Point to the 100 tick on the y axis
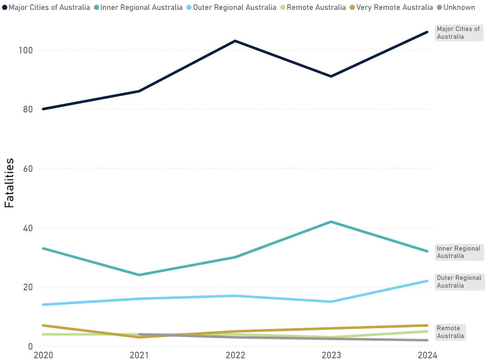click(25, 50)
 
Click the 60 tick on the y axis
click(28, 168)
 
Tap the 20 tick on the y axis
click(28, 287)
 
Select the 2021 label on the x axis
click(139, 355)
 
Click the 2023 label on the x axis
click(331, 355)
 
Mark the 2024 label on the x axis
click(427, 355)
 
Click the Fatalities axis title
click(9, 183)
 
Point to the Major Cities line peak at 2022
click(235, 41)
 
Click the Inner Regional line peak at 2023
click(331, 222)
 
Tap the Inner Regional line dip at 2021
click(139, 275)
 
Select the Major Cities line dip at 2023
click(331, 76)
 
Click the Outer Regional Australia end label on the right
click(459, 282)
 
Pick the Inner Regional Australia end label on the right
click(459, 252)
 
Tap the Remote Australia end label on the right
click(450, 332)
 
